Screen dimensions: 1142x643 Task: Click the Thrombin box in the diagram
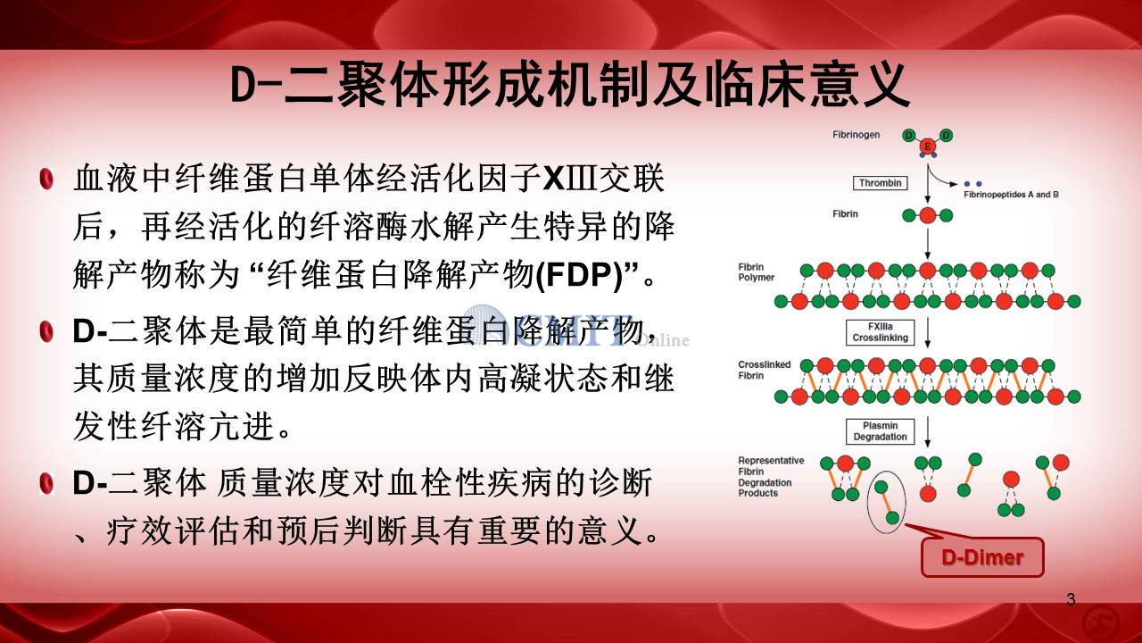(x=880, y=183)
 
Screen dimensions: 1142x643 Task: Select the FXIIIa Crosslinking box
(x=880, y=332)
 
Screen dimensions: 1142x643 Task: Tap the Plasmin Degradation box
(x=880, y=431)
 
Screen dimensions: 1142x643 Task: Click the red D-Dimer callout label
(x=982, y=557)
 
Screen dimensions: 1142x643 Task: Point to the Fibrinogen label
(x=856, y=135)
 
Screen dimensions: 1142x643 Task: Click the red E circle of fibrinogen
(x=927, y=146)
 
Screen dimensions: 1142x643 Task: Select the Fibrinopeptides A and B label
(x=1011, y=195)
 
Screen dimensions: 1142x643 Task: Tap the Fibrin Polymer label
(x=756, y=272)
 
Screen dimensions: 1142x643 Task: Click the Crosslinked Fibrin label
(x=765, y=370)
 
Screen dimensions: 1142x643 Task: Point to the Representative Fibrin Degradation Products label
(x=771, y=477)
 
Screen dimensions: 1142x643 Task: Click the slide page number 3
(x=1071, y=599)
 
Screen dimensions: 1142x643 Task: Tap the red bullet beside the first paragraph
(x=46, y=180)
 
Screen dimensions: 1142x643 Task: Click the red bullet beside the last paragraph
(x=46, y=483)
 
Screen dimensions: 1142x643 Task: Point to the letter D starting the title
(x=243, y=85)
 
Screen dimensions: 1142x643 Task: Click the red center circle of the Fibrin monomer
(x=927, y=215)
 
